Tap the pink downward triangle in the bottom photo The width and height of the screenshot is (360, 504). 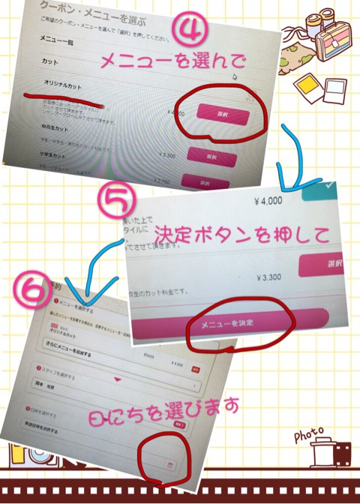[x=116, y=379]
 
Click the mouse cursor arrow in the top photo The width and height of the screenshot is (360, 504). [x=234, y=76]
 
